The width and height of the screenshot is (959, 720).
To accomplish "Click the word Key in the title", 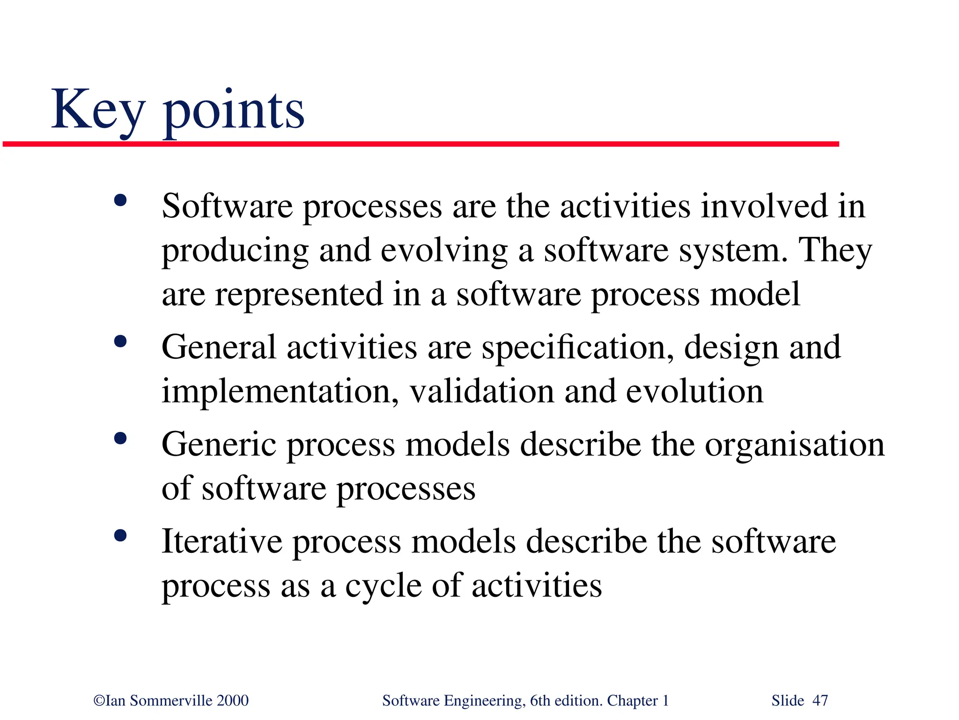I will pyautogui.click(x=97, y=110).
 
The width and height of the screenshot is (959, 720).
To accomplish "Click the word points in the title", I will pyautogui.click(x=233, y=112).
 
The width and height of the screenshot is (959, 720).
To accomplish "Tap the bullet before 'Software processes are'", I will pyautogui.click(x=120, y=200).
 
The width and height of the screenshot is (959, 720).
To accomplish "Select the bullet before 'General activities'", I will pyautogui.click(x=120, y=341).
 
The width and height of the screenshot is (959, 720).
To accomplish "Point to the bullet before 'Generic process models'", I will pyautogui.click(x=120, y=438).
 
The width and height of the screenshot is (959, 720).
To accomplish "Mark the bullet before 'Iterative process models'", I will pyautogui.click(x=120, y=535).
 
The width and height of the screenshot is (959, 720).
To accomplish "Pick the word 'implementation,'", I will pyautogui.click(x=280, y=392).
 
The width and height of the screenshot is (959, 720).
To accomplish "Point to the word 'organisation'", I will pyautogui.click(x=795, y=445).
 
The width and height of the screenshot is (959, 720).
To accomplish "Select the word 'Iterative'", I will pyautogui.click(x=222, y=542).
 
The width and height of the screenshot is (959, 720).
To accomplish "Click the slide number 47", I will pyautogui.click(x=820, y=701).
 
